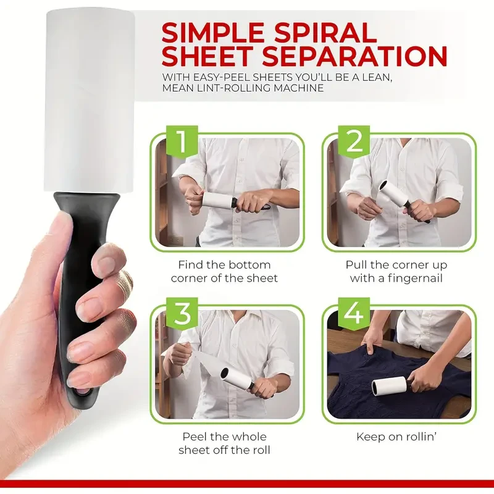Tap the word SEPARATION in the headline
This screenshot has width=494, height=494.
363,57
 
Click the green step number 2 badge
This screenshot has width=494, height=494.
354,141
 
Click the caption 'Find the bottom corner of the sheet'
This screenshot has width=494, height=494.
224,271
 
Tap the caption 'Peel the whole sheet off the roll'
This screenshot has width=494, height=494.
224,443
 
